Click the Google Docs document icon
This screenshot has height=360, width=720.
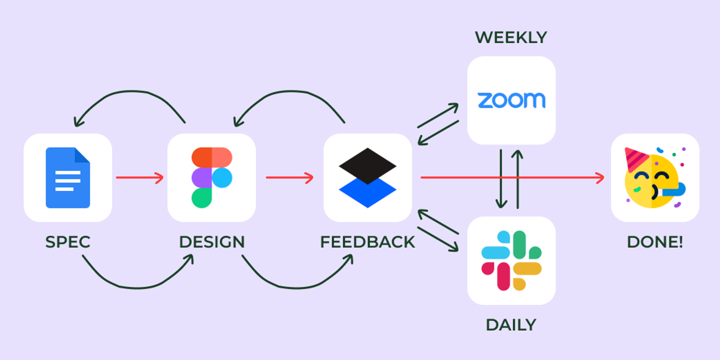pyautogui.click(x=68, y=178)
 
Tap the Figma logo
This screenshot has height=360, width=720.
pyautogui.click(x=212, y=178)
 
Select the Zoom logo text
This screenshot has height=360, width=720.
pyautogui.click(x=511, y=100)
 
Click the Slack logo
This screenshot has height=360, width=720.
pyautogui.click(x=511, y=260)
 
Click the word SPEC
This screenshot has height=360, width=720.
pyautogui.click(x=68, y=242)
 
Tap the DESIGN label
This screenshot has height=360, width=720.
pyautogui.click(x=212, y=242)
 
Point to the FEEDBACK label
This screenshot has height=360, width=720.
pyautogui.click(x=367, y=242)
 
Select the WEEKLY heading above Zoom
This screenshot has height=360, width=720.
pyautogui.click(x=511, y=38)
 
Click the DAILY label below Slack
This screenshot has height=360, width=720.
pyautogui.click(x=511, y=325)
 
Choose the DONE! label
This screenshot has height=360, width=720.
pyautogui.click(x=655, y=242)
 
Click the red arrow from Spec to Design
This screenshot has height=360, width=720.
pyautogui.click(x=139, y=177)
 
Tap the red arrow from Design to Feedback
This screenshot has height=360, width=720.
pyautogui.click(x=289, y=177)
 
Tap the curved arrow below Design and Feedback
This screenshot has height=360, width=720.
pyautogui.click(x=297, y=287)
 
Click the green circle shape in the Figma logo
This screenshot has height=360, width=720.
pyautogui.click(x=202, y=198)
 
